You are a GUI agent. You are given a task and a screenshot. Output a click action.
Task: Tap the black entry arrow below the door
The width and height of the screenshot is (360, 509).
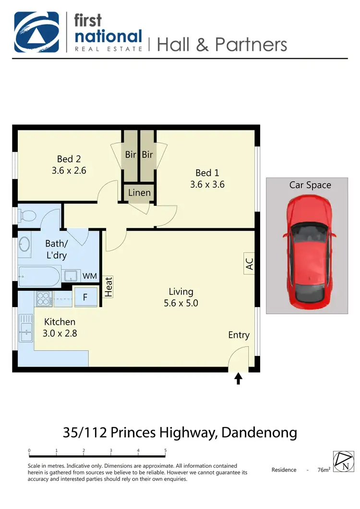pyautogui.click(x=238, y=379)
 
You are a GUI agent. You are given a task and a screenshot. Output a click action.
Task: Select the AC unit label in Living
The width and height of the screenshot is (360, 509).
pyautogui.click(x=249, y=263)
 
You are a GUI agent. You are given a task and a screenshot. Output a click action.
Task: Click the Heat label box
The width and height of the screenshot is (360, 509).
pyautogui.click(x=108, y=286)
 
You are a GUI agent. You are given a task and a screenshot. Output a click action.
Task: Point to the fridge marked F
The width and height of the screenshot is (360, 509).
pyautogui.click(x=85, y=297)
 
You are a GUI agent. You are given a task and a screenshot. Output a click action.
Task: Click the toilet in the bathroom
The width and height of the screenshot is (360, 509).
pyautogui.click(x=27, y=215)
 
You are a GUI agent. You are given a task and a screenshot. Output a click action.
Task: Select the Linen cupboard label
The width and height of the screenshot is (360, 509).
pyautogui.click(x=139, y=193)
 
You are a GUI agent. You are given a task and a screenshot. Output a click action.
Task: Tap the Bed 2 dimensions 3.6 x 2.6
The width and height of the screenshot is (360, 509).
pyautogui.click(x=69, y=170)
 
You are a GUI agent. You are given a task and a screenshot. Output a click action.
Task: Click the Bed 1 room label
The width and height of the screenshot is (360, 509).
pyautogui.click(x=207, y=173)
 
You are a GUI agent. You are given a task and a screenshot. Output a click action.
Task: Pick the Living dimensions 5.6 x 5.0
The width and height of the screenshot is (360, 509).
pyautogui.click(x=180, y=303)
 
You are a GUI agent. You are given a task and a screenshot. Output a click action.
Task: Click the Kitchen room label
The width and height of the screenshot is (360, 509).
pyautogui.click(x=60, y=322)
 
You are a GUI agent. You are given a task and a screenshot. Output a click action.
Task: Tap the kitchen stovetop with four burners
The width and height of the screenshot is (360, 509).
pyautogui.click(x=44, y=299)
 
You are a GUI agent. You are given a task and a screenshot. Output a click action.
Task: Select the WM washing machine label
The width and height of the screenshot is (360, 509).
pyautogui.click(x=89, y=276)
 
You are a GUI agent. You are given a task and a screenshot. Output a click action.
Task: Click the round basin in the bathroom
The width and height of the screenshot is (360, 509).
pyautogui.click(x=24, y=244)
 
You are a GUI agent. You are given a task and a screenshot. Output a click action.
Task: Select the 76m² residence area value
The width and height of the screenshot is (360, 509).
pyautogui.click(x=324, y=470)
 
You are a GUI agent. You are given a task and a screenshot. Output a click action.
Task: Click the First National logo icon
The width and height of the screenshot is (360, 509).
pyautogui.click(x=36, y=32)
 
